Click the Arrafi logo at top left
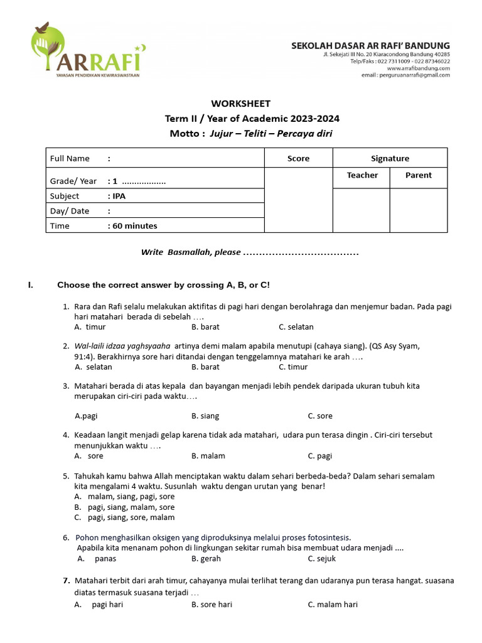click(88, 50)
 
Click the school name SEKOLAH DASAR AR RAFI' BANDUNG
click(370, 46)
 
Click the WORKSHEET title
click(240, 104)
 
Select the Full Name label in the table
click(70, 158)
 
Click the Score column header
click(298, 158)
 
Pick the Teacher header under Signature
click(362, 175)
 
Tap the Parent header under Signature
click(418, 175)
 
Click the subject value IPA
click(119, 196)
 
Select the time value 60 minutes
click(134, 226)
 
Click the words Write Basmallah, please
click(191, 252)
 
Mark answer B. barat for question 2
click(205, 367)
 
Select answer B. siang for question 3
click(205, 416)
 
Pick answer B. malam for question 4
click(208, 456)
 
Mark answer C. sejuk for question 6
click(321, 558)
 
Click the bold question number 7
click(66, 580)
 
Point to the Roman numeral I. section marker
click(30, 285)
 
